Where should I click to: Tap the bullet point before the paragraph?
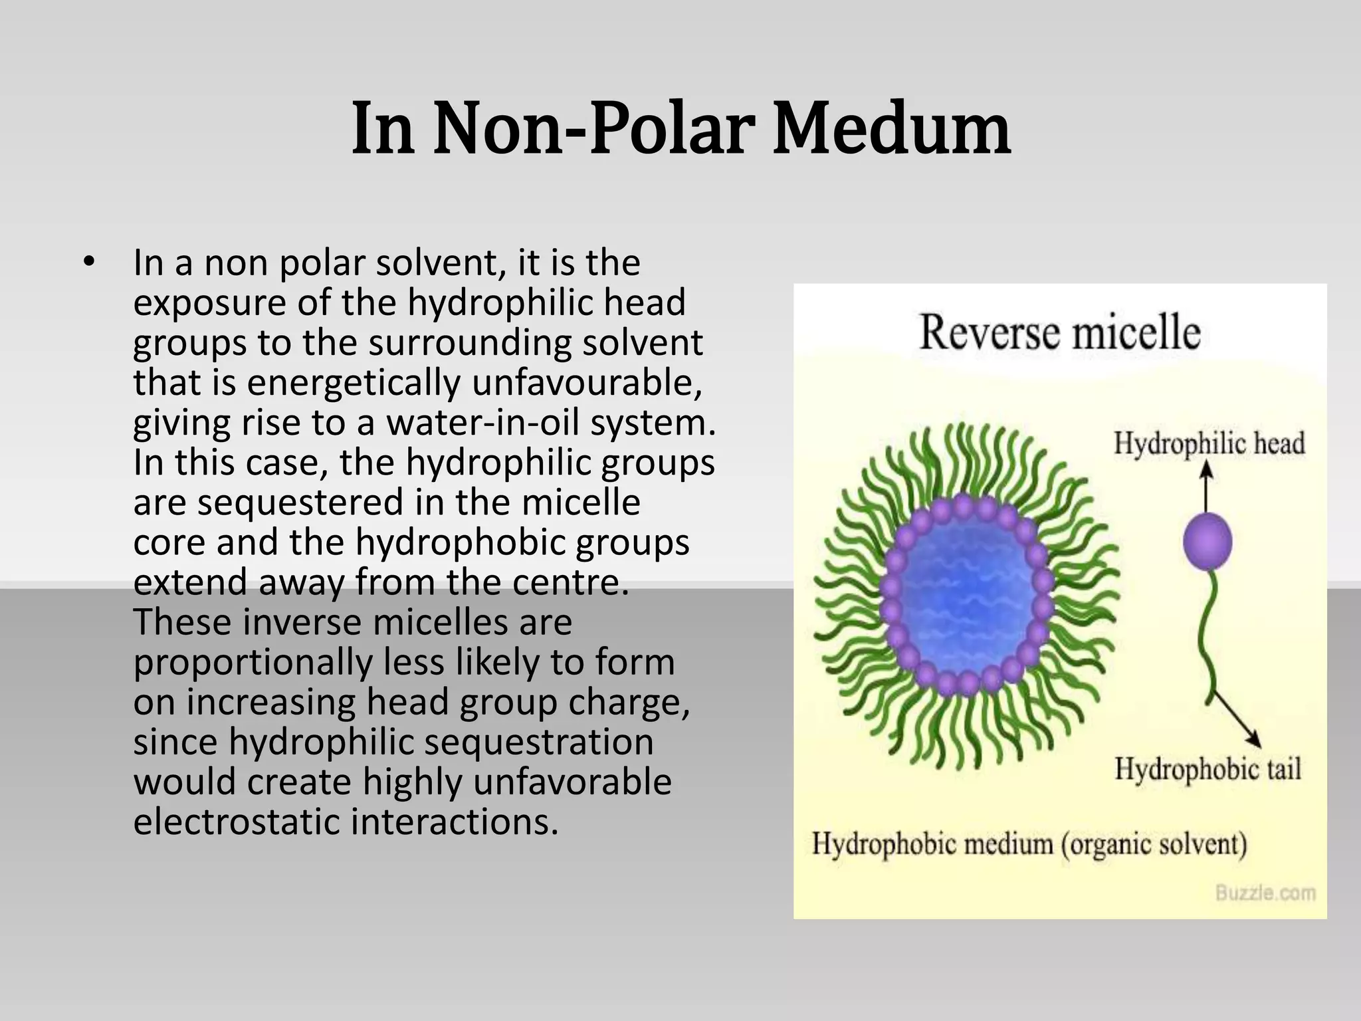[88, 262]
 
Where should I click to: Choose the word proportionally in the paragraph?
[253, 662]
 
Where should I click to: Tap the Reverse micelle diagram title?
[1060, 332]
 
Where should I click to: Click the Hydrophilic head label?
[1209, 443]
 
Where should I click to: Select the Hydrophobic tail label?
[1207, 769]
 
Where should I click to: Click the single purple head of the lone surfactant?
[1207, 542]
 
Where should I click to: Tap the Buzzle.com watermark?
[1265, 893]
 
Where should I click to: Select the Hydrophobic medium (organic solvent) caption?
[1029, 844]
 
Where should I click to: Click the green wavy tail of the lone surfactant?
[1208, 638]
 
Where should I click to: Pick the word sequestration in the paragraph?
[539, 742]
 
